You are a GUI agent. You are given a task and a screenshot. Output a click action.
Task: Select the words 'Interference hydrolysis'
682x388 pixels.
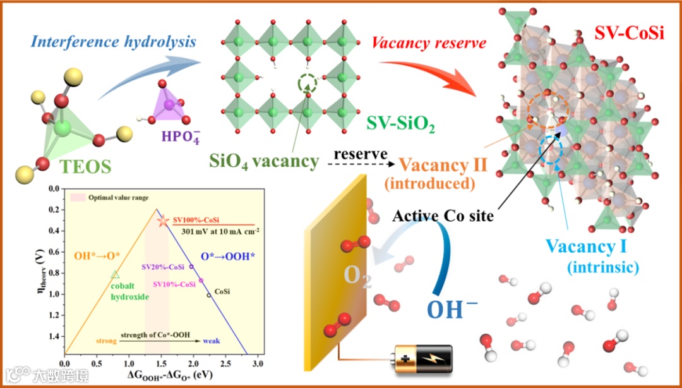pyautogui.click(x=113, y=43)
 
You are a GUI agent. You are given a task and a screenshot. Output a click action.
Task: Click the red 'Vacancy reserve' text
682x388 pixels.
pyautogui.click(x=429, y=44)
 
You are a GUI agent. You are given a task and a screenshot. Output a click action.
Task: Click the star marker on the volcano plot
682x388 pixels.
pyautogui.click(x=163, y=221)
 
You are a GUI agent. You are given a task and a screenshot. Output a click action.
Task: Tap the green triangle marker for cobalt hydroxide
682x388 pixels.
pyautogui.click(x=114, y=274)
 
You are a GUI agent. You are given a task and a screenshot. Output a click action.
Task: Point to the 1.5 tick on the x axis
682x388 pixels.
pyautogui.click(x=161, y=365)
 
